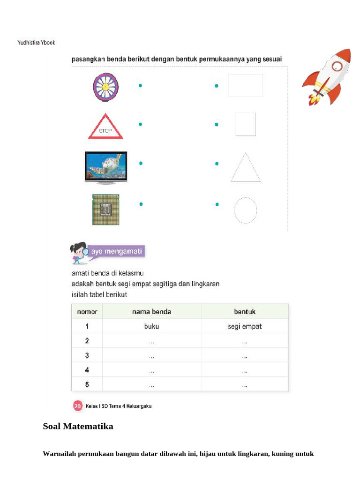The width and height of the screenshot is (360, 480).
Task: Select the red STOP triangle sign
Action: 105,127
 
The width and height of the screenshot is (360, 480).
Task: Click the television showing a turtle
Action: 105,166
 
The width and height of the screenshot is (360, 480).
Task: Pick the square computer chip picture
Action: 105,210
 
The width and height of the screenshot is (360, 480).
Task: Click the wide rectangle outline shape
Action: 246,85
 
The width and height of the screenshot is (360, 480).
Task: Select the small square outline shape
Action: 246,124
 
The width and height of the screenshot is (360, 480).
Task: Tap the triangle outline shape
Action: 246,168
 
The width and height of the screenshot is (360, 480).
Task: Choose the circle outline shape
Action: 246,210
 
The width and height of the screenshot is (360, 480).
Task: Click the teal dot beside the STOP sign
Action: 140,124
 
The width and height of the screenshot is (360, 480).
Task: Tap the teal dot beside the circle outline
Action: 217,204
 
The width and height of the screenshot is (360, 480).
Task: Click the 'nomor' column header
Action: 87,312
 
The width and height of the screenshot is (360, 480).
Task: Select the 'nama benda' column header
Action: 151,312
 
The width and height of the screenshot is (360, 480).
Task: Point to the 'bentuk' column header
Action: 245,312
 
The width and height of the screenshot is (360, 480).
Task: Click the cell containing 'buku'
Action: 151,327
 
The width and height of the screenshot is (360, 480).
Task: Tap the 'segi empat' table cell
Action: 245,327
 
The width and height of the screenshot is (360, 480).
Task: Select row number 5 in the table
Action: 87,385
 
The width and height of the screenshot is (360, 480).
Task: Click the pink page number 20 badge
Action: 78,406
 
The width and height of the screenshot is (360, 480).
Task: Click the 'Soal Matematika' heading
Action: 78,427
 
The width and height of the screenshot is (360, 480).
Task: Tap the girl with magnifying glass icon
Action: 79,253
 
